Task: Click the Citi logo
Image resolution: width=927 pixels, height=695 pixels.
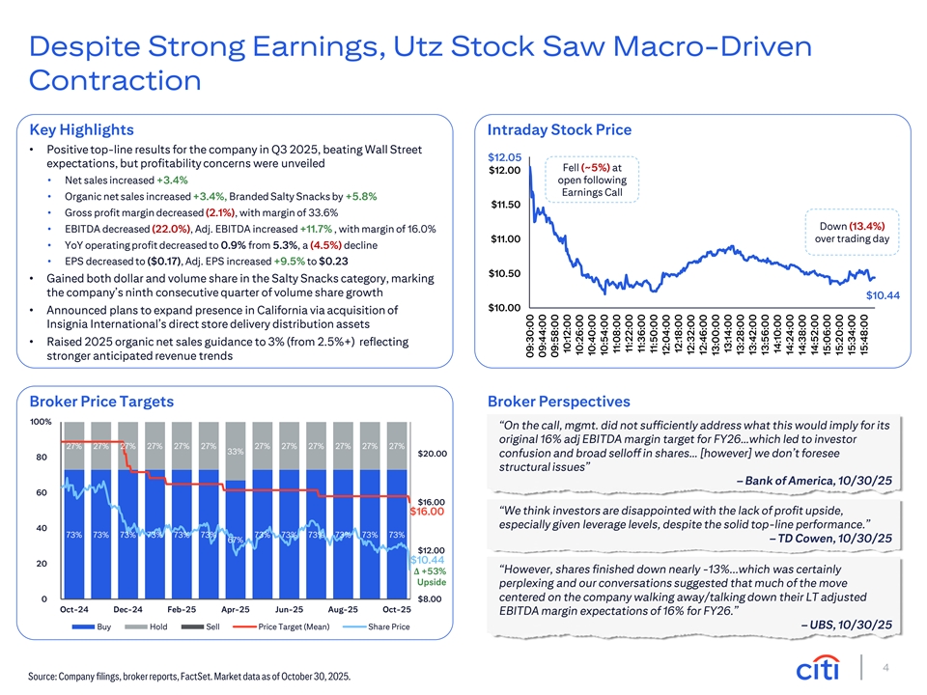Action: pos(818,668)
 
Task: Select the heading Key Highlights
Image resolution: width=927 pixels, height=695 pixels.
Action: pos(81,130)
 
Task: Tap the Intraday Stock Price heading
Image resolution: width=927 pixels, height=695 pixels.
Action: pos(559,130)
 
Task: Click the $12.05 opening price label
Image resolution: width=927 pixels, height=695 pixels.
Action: pos(504,157)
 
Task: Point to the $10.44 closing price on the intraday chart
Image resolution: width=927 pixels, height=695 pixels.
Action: pos(883,295)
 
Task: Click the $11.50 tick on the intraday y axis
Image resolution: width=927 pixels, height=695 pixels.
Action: pos(505,205)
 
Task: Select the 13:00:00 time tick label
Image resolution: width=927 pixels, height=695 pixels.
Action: pos(715,334)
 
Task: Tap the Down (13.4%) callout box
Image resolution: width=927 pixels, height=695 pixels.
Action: pos(852,233)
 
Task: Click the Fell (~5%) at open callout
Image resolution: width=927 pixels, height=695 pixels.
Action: pos(592,180)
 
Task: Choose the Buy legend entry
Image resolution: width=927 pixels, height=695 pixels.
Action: pos(92,626)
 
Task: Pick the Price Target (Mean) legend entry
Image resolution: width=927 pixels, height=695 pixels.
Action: pos(281,626)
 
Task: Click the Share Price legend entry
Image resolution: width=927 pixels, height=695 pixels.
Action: pos(377,626)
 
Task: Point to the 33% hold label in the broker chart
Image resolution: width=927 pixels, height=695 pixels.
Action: pos(236,452)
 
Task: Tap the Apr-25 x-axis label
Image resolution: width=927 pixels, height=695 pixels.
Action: pos(236,609)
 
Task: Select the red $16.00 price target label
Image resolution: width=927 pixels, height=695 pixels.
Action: pos(427,512)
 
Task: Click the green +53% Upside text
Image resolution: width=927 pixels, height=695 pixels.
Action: pos(430,577)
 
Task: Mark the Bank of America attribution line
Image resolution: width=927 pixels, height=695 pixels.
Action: pos(814,481)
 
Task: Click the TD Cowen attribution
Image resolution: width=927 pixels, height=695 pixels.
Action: pos(830,538)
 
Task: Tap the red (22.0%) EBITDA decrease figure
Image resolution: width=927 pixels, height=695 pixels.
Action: pos(172,229)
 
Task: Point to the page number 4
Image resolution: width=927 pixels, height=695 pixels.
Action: pos(885,668)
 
